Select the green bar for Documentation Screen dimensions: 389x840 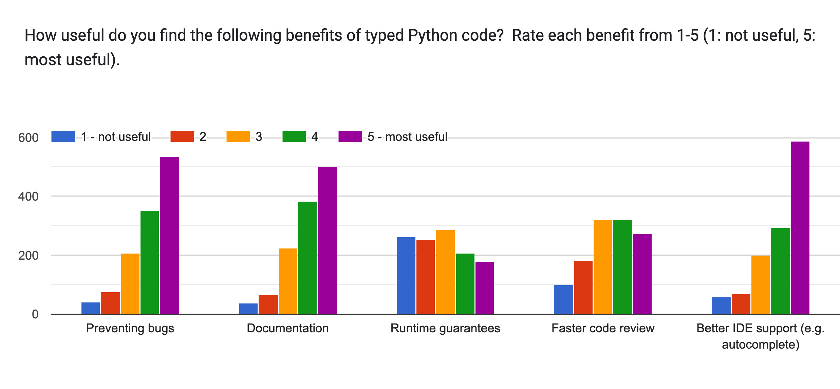[307, 258]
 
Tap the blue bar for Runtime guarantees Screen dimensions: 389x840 [406, 275]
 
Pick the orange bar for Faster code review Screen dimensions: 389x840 [602, 267]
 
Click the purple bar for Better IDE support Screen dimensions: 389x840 [800, 227]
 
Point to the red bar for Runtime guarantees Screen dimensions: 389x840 [425, 277]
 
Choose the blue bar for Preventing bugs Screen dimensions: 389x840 [91, 308]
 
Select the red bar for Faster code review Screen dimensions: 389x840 [583, 287]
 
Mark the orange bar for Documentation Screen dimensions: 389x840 [288, 281]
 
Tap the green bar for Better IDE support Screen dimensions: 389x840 [780, 271]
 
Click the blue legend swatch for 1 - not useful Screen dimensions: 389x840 [63, 136]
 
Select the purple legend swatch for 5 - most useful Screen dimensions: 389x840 [350, 136]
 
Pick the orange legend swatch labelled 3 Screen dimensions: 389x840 [238, 136]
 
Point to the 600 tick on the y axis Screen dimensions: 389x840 [28, 138]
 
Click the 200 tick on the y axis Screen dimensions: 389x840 [28, 255]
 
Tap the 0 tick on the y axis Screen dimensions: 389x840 [35, 314]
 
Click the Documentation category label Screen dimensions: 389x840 [287, 328]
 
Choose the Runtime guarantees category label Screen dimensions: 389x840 [445, 328]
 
